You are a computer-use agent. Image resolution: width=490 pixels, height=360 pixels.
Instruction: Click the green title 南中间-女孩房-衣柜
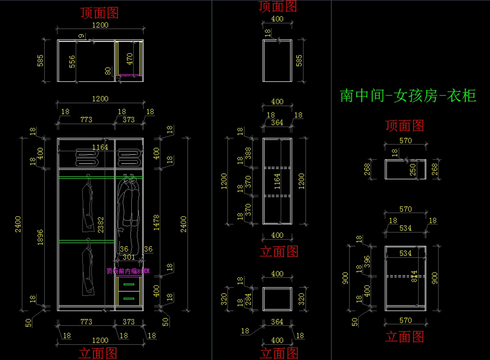[x=408, y=96]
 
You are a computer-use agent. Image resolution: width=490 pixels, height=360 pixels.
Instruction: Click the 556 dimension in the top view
[x=72, y=62]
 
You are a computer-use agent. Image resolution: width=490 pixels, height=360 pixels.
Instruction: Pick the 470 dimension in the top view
[x=129, y=59]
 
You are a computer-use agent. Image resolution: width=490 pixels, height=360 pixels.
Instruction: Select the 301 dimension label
[x=129, y=258]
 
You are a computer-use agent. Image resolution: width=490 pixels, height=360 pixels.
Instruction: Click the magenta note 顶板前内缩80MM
[x=128, y=271]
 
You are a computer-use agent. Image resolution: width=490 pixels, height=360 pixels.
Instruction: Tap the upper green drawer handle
[x=129, y=284]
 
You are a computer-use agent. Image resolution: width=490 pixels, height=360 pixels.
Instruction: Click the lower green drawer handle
[x=129, y=298]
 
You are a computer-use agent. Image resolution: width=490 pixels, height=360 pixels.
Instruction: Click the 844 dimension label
[x=415, y=276]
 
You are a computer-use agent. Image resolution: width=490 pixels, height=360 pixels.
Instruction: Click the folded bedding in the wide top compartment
[x=85, y=158]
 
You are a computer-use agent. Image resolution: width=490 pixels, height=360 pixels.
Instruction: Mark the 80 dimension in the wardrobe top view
[x=108, y=71]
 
